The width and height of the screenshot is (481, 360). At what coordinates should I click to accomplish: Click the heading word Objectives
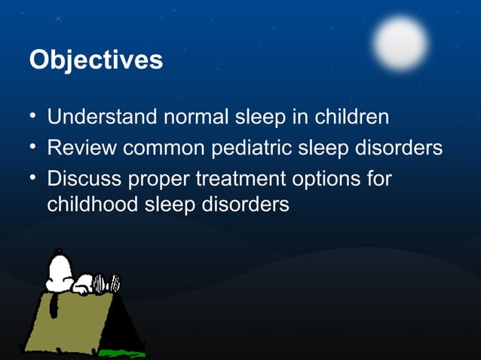click(95, 59)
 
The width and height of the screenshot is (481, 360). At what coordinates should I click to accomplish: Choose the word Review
click(81, 148)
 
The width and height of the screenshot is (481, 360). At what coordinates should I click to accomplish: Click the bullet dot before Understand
click(33, 117)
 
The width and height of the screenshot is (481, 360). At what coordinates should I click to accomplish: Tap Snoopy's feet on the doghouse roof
click(113, 283)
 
